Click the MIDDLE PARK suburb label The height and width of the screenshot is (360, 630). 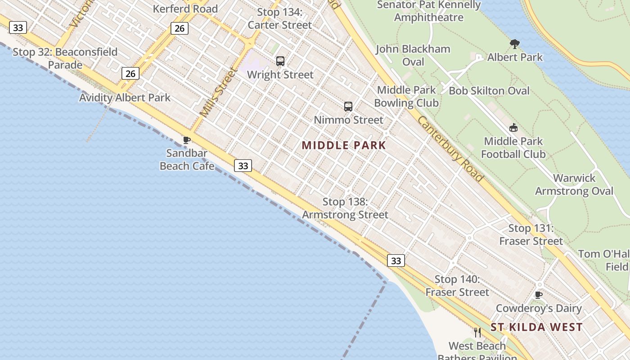[x=344, y=145]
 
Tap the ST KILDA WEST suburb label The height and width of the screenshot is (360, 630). [x=536, y=327]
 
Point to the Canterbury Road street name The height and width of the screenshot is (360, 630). [x=450, y=149]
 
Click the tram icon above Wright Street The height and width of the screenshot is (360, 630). [x=280, y=61]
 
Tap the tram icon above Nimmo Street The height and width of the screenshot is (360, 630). [x=348, y=107]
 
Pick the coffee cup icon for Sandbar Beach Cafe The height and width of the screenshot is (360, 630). [x=187, y=140]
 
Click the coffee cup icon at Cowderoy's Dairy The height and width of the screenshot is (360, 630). [x=538, y=295]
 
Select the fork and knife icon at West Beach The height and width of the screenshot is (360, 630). [x=477, y=333]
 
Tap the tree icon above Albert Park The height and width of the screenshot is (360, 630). [x=515, y=44]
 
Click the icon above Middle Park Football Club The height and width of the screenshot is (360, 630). [x=513, y=128]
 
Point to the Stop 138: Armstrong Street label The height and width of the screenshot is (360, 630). [x=345, y=208]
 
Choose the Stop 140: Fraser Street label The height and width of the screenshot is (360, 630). [x=457, y=286]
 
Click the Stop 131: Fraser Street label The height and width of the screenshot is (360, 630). [x=531, y=234]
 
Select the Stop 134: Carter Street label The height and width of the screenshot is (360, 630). [x=279, y=18]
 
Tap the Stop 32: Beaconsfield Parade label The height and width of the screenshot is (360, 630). [x=65, y=58]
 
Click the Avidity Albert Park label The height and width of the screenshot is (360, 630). [x=125, y=98]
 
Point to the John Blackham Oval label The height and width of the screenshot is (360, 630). [x=413, y=55]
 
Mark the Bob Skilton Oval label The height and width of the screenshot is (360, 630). [x=489, y=91]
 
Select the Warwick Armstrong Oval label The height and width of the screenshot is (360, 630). [x=574, y=184]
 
